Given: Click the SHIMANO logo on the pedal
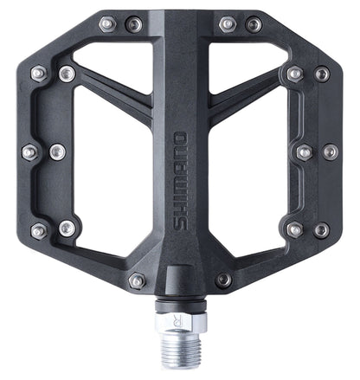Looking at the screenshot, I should coord(181,180).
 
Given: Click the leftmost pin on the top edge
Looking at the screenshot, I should coord(106,24).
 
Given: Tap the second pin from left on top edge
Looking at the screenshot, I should coord(133,24).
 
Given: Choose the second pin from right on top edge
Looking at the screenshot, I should coord(227,24).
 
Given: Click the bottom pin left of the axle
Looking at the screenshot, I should coord(137,281).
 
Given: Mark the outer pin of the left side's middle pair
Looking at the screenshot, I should coord(29,152).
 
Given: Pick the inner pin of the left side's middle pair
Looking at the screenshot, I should coord(57,152).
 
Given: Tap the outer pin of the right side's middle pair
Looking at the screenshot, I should coord(330,151).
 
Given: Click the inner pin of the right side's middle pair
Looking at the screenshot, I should coord(304,152).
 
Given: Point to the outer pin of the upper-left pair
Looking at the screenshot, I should coord(38,74).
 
